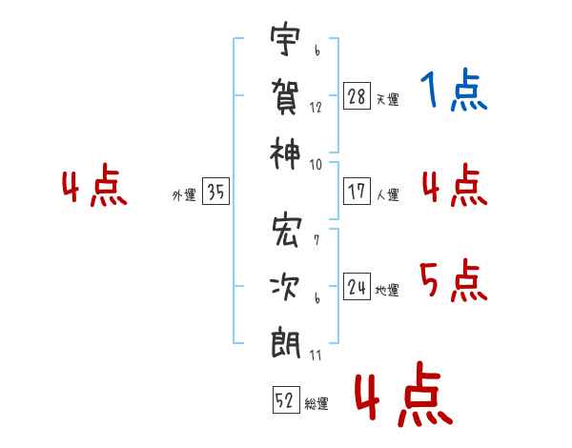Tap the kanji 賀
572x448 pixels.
[286, 96]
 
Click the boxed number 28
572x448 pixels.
[357, 96]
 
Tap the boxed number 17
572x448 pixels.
[357, 192]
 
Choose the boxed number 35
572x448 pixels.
[215, 193]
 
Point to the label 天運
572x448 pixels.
[387, 99]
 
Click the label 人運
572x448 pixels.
[387, 194]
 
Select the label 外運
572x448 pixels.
[184, 195]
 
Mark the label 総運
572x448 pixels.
[317, 404]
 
